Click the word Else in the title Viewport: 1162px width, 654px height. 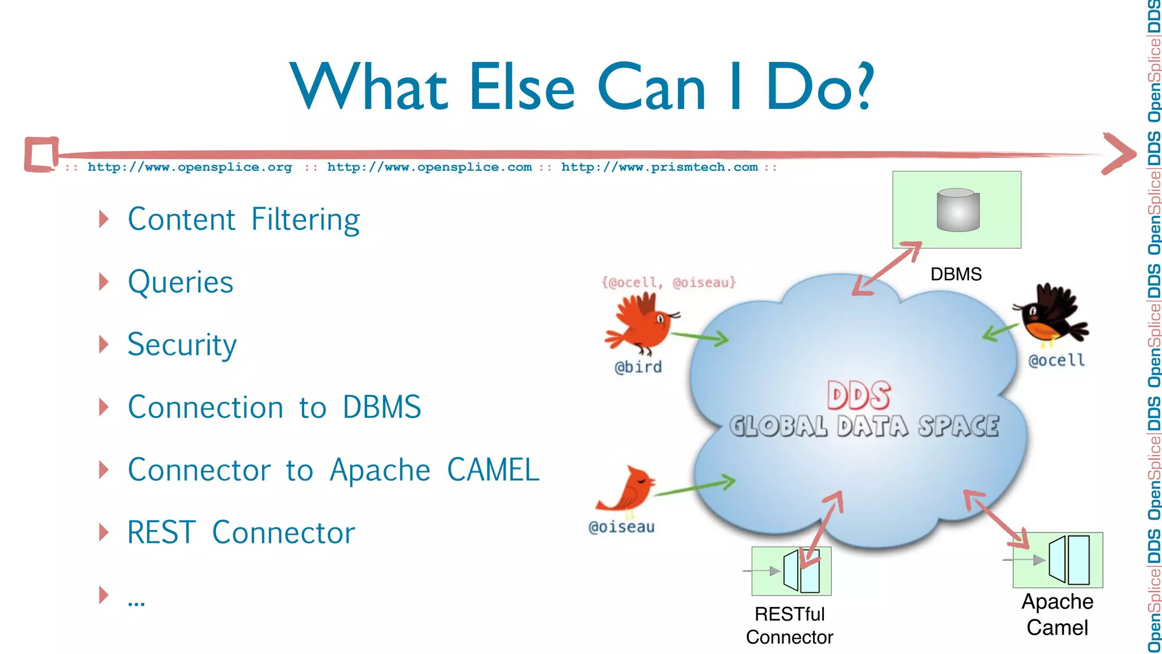point(522,88)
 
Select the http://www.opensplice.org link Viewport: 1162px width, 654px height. point(190,167)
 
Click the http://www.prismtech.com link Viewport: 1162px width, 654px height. point(659,167)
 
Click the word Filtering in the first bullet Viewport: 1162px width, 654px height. point(305,220)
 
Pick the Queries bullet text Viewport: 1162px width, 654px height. point(180,282)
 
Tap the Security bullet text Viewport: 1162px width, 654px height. point(182,345)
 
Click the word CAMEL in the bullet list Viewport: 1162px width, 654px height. point(493,470)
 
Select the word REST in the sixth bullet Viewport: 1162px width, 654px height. point(161,533)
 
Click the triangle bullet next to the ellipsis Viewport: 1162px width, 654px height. point(103,595)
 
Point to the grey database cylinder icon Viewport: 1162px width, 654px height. point(958,209)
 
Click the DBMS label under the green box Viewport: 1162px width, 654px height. point(955,274)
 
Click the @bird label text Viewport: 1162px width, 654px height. point(638,367)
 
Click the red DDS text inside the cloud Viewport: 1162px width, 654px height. point(858,395)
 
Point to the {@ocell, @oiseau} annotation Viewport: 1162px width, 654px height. point(668,282)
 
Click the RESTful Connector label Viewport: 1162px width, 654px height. point(789,626)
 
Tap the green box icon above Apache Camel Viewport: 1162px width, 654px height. point(1058,560)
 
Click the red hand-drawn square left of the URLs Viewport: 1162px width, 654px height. point(41,154)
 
